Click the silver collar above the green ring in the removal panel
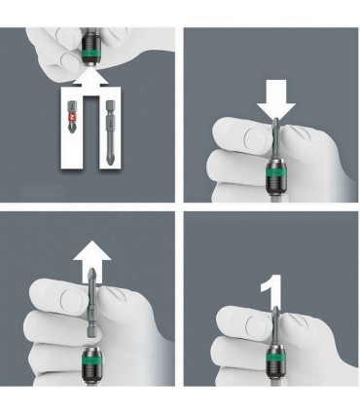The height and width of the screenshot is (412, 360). pos(90,354)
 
